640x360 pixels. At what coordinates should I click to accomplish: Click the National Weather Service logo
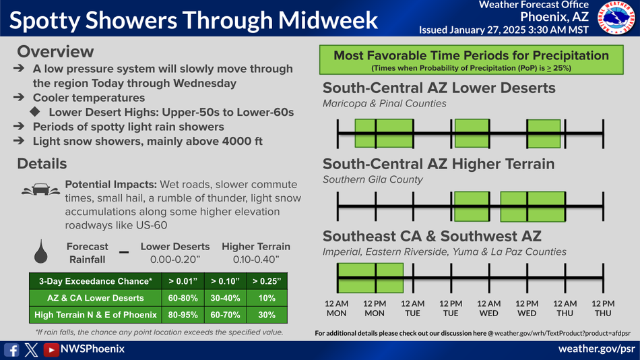pos(616,18)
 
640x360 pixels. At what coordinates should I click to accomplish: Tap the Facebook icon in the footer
pos(11,350)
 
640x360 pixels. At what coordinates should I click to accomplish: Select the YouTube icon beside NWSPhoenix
pos(51,350)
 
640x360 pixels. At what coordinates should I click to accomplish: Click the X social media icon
pos(31,350)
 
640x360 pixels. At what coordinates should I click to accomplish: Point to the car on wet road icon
pos(41,189)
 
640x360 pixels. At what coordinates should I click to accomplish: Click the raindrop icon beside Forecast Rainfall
pos(41,251)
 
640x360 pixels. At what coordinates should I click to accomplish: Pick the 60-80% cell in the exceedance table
pos(183,298)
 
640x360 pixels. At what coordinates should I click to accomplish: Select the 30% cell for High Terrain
pos(267,315)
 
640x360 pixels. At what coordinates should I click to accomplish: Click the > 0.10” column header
pos(225,281)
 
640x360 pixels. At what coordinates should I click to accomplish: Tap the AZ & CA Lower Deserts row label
pos(96,298)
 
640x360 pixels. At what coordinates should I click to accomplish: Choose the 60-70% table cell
pos(225,315)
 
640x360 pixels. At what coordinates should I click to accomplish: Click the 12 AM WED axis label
pos(488,309)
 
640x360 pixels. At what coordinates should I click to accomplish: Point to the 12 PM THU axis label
pos(603,309)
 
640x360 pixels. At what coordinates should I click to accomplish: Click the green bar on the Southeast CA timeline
pos(371,278)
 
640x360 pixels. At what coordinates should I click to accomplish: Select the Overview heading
pos(55,52)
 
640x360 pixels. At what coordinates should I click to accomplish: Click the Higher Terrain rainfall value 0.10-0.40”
pos(256,260)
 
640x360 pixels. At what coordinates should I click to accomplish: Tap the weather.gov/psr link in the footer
pos(596,349)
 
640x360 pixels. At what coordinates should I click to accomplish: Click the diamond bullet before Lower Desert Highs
pos(35,111)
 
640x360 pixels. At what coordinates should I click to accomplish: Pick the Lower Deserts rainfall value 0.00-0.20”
pos(175,260)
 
